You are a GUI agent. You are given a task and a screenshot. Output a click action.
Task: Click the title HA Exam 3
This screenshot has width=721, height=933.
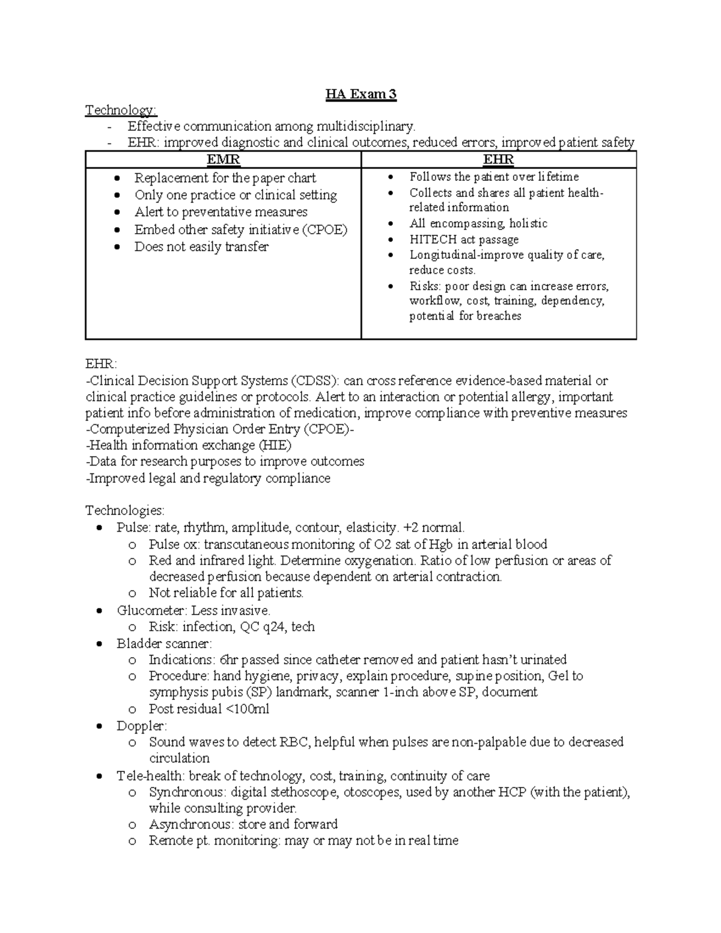(361, 94)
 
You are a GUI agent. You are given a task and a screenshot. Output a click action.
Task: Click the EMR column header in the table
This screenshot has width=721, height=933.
(223, 160)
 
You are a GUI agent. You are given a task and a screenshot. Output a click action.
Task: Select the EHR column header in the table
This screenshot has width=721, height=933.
(498, 160)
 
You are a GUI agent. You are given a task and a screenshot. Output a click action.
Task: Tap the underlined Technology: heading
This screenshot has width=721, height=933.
(121, 110)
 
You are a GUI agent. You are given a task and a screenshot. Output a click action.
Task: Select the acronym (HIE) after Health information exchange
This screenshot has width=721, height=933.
(275, 446)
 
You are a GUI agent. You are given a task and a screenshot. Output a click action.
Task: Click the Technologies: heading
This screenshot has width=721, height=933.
(125, 511)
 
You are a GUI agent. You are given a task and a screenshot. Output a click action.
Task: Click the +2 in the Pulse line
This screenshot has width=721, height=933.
(412, 528)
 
